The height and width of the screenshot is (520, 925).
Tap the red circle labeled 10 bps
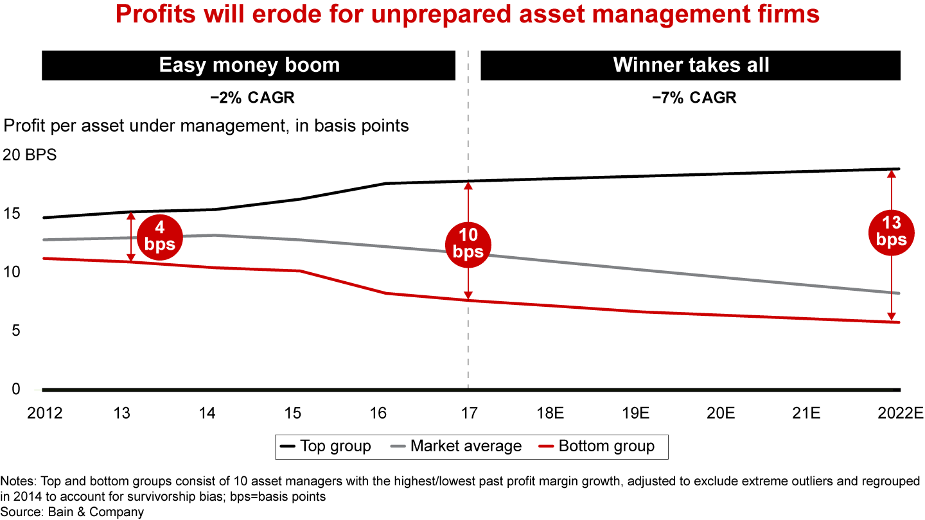point(468,243)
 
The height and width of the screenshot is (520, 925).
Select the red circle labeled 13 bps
point(890,232)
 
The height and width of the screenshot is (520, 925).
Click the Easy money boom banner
point(249,65)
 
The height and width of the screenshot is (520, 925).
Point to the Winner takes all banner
point(691,65)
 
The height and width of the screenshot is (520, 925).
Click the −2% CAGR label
point(249,98)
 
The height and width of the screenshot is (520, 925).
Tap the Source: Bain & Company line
point(72,512)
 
